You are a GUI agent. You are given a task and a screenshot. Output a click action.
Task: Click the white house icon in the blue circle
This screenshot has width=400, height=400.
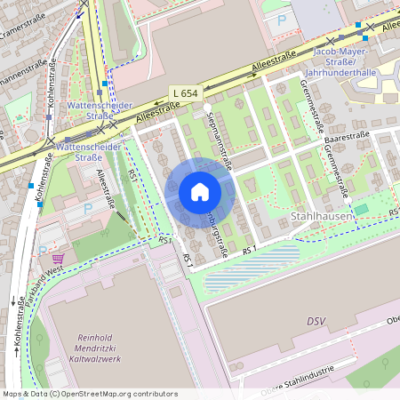click(x=199, y=192)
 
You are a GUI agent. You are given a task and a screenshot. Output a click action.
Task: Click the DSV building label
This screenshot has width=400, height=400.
click(x=316, y=320)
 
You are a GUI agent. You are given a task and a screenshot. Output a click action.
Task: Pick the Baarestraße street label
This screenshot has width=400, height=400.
click(x=347, y=137)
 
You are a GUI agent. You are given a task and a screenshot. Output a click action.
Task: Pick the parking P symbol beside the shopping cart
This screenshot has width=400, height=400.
click(x=87, y=207)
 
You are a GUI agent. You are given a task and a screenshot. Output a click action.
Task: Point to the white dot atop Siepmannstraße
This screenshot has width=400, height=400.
click(x=207, y=107)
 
